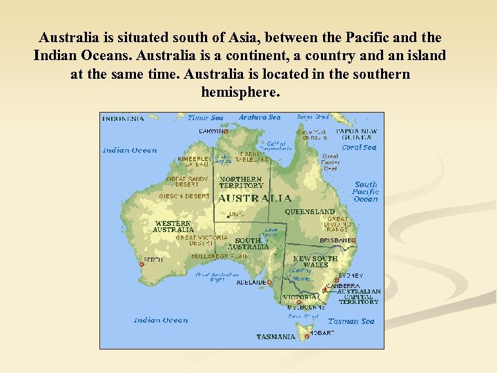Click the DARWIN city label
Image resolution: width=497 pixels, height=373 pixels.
211,131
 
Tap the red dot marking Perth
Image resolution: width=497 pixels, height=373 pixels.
142,263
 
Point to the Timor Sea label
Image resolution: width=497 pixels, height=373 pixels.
206,118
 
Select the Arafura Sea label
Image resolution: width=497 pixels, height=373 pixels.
260,117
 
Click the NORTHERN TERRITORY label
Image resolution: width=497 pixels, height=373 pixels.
242,182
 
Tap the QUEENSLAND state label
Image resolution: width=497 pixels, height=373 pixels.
310,211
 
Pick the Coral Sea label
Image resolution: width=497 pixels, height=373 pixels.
359,147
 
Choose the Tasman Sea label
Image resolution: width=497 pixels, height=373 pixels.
351,321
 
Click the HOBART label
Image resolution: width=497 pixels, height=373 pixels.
322,332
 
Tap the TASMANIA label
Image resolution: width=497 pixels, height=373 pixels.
276,337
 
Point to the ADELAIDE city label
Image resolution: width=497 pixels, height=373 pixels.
251,283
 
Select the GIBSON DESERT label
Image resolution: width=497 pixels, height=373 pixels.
184,196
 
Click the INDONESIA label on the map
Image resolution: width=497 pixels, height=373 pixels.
124,118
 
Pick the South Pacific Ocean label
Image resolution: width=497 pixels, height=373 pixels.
365,191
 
